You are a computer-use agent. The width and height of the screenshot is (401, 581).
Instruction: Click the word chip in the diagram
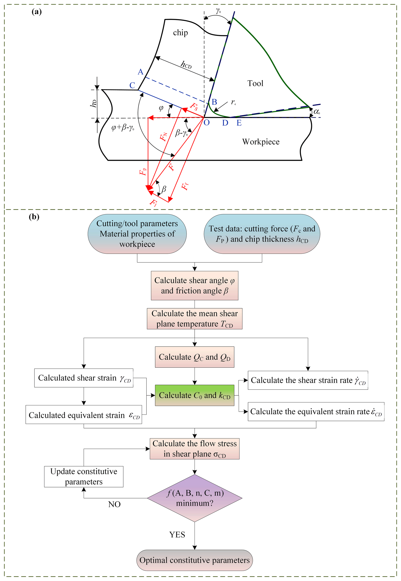coord(180,33)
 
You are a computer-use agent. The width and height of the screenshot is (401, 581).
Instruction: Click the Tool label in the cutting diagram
coord(255,83)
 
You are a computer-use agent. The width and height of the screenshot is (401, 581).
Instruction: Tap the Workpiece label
coord(261,142)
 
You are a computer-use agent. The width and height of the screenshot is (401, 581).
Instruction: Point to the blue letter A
coord(141,72)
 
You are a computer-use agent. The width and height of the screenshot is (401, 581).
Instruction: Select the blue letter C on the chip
coord(132,85)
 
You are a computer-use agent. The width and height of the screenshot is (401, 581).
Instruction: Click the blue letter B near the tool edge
coord(214,102)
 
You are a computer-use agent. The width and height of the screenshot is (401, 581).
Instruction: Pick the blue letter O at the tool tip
coord(206,123)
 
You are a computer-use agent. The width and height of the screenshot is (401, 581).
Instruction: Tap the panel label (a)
coord(37,12)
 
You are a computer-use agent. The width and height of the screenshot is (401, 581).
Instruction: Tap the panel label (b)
coord(34,217)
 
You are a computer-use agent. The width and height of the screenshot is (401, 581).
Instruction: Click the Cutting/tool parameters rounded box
coord(137,234)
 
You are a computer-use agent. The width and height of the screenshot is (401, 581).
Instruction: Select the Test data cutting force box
coord(262,234)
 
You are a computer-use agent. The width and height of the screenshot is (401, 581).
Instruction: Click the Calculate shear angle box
coord(195,285)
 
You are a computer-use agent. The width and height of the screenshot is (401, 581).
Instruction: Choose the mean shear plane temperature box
coord(195,319)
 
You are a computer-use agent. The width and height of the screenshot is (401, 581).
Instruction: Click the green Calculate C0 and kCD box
coord(195,395)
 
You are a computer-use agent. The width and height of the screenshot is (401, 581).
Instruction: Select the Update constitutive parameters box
coord(84,476)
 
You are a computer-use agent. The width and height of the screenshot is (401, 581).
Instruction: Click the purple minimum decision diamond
coord(195,498)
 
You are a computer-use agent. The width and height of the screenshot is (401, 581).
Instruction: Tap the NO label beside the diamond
coord(114,504)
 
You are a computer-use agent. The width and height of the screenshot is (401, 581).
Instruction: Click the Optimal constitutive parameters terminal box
coord(195,560)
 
